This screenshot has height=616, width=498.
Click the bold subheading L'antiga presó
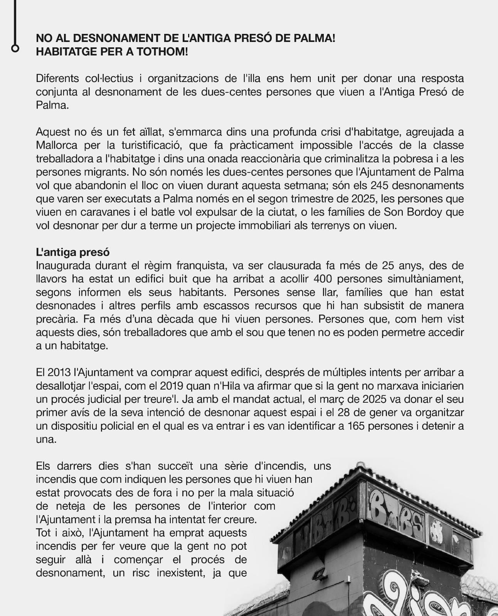tap(72, 252)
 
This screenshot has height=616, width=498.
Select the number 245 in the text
tap(380, 185)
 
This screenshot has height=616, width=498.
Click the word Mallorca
tap(57, 145)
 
